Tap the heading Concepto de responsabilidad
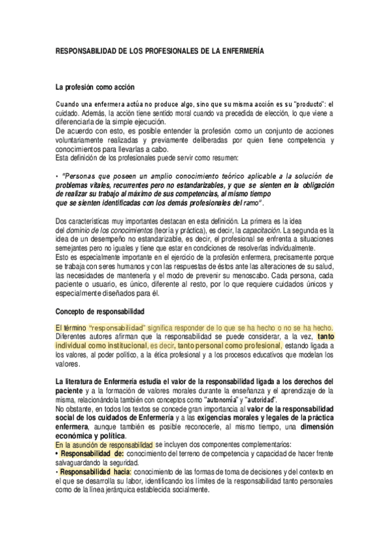click(100, 312)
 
